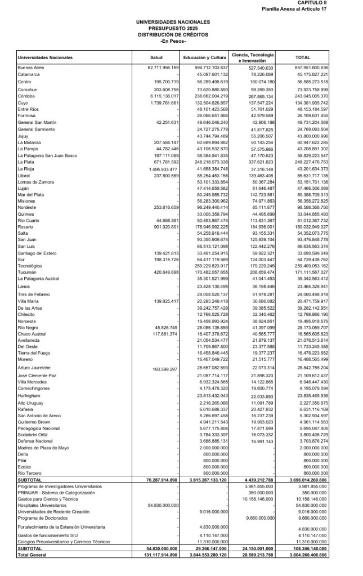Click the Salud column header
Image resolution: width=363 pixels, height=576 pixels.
(156, 57)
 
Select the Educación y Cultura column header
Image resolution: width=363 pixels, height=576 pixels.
(204, 57)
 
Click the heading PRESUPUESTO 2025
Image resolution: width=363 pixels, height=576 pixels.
(173, 28)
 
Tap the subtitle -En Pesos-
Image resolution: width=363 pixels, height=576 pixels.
(173, 40)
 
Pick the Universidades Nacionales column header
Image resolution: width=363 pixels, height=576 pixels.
(46, 57)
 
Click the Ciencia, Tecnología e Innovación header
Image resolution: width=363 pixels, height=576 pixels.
(253, 57)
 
